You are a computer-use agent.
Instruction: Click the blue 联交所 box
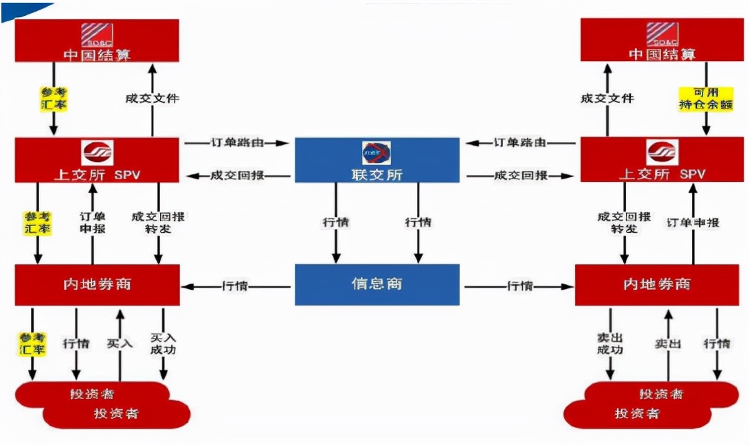coord(377,161)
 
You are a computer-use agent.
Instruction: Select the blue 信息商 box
coord(377,284)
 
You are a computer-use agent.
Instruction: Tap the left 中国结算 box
coord(97,41)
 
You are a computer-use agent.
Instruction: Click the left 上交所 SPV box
coord(97,160)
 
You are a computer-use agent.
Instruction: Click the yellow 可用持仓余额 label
coord(706,98)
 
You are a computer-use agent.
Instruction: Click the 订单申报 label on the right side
coord(693,223)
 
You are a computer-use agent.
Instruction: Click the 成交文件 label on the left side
coord(152,98)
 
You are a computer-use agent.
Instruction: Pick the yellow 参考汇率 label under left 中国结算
coord(52,98)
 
